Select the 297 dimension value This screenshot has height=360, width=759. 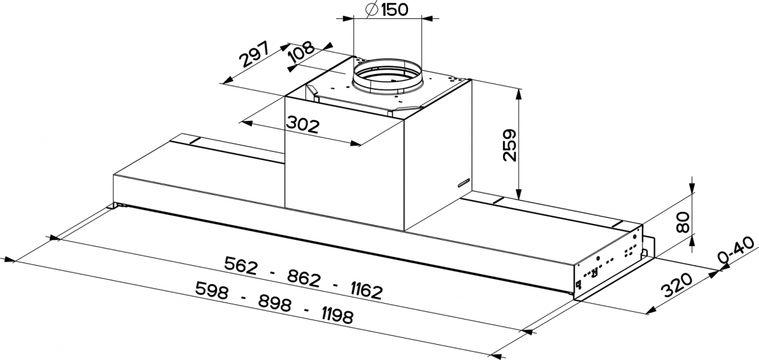[254, 54]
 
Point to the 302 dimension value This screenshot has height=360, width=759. [302, 125]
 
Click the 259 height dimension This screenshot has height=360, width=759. [509, 145]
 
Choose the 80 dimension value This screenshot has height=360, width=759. [682, 222]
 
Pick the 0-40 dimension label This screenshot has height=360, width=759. [737, 251]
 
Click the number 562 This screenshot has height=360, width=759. [240, 266]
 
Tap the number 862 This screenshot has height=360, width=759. [304, 278]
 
